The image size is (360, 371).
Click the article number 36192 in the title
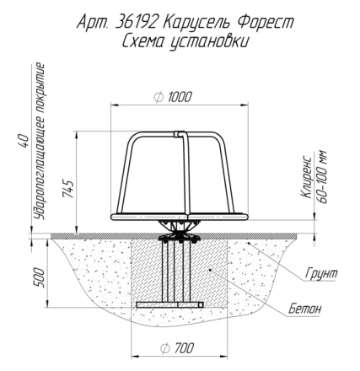[x=136, y=23]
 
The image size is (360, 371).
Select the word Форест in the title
[x=266, y=23]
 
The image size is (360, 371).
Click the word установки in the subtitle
[x=209, y=42]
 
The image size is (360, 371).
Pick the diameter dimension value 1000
[x=180, y=97]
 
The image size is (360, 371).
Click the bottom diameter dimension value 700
[x=184, y=348]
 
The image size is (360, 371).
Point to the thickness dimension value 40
[x=24, y=141]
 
